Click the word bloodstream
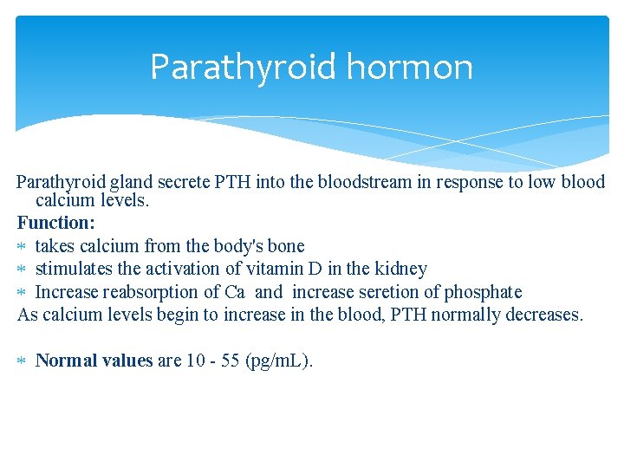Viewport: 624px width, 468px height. [x=331, y=182]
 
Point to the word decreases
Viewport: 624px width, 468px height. [x=545, y=314]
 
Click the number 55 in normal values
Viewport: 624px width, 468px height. [x=230, y=360]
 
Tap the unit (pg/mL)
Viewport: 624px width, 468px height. [x=279, y=360]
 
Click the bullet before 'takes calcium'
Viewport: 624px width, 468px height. [x=23, y=247]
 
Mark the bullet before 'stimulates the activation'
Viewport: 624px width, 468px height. [x=23, y=270]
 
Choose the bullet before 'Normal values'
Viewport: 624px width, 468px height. [x=23, y=361]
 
